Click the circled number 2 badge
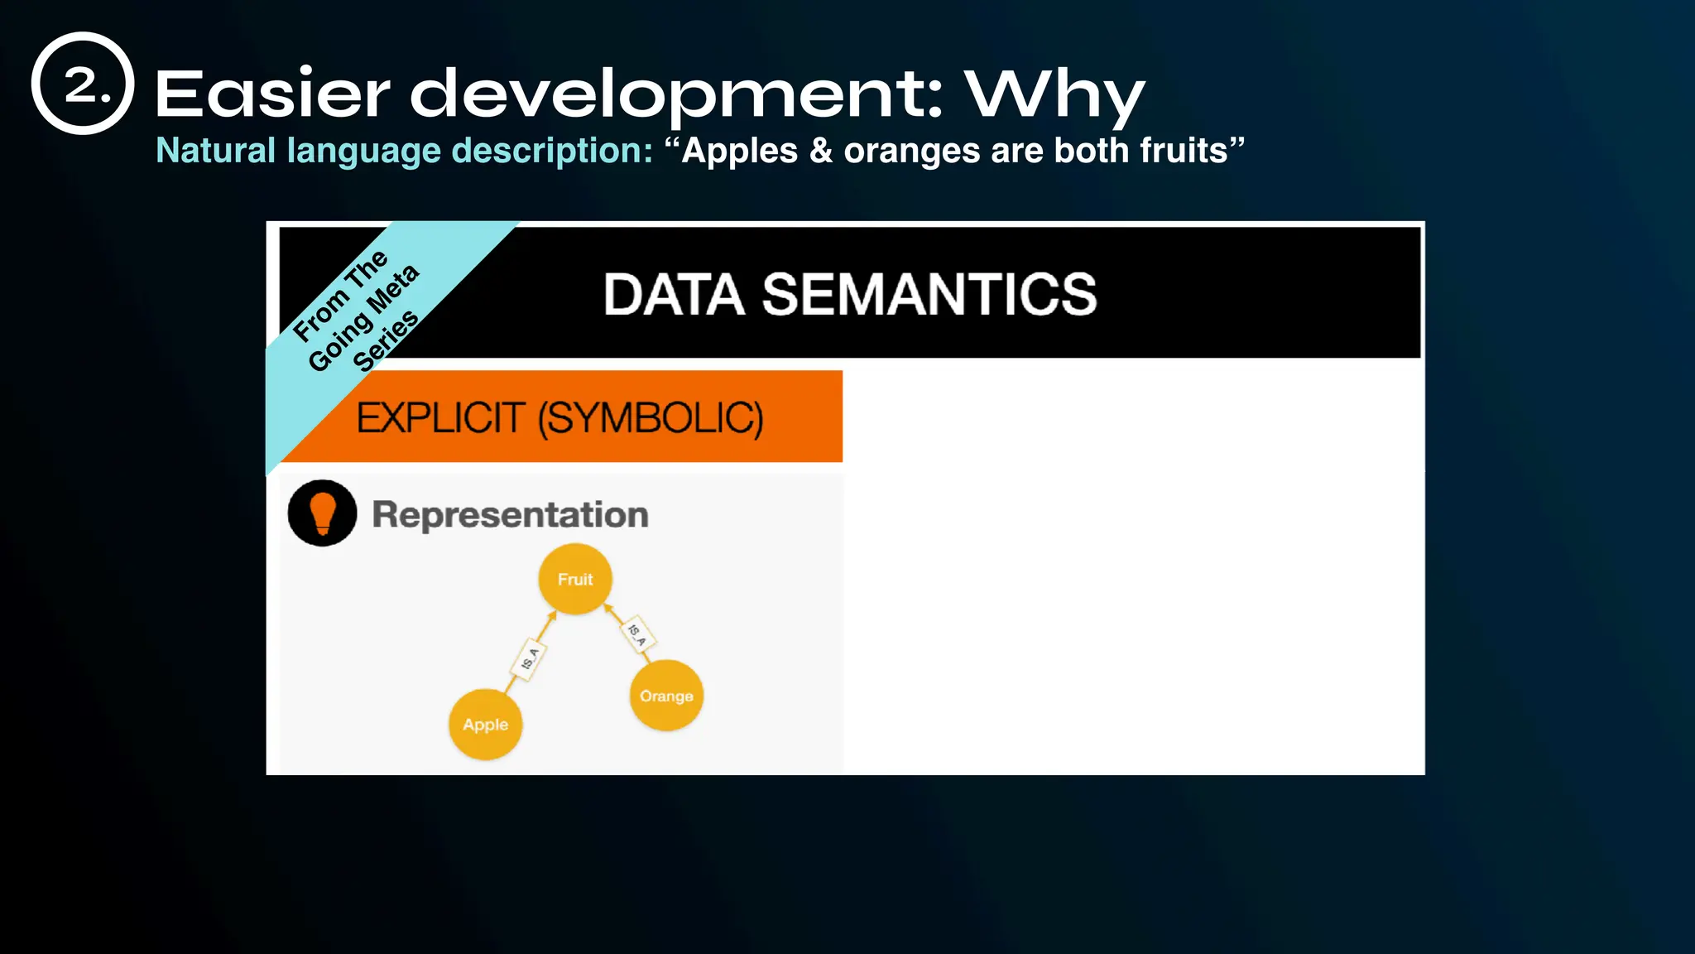[83, 84]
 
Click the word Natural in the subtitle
[216, 151]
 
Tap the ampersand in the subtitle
[820, 151]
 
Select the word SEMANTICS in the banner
[929, 295]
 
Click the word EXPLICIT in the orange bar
[440, 417]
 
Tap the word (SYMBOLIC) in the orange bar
[651, 417]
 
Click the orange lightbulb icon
[322, 513]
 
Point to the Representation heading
[510, 514]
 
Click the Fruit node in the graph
[575, 579]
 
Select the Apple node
[485, 725]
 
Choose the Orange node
[666, 696]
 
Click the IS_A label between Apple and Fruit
[529, 659]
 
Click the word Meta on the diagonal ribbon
[393, 289]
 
